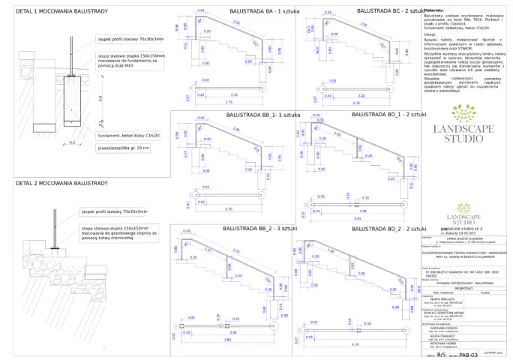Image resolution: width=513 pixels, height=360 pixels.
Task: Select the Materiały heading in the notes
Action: click(x=434, y=10)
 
